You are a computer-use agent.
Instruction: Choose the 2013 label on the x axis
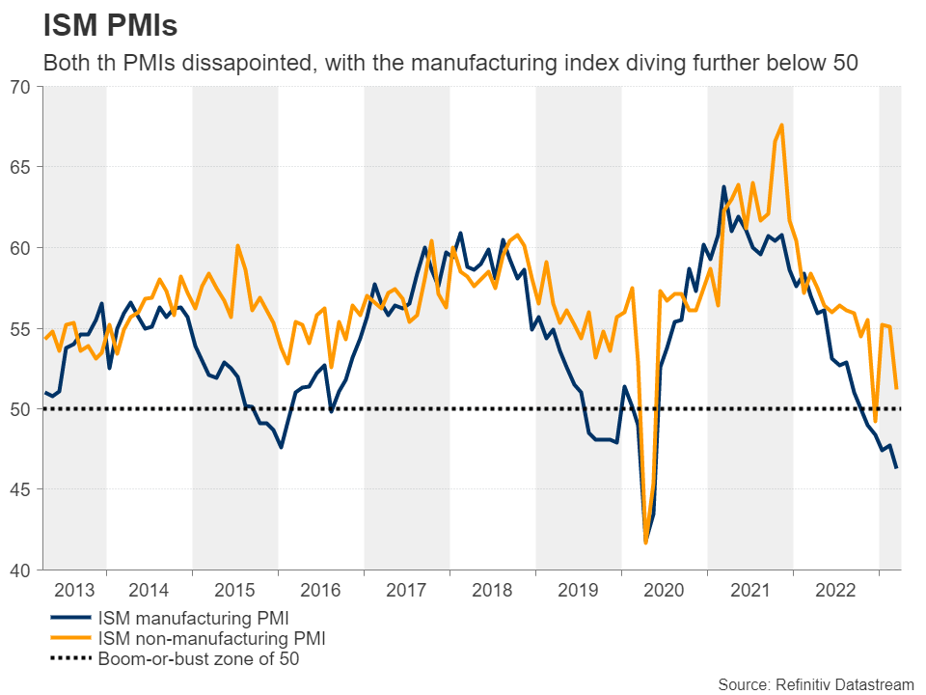(x=75, y=589)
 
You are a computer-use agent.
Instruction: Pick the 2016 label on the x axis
(x=321, y=589)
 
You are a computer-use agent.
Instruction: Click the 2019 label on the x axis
(x=579, y=589)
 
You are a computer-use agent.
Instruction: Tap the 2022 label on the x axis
(x=835, y=589)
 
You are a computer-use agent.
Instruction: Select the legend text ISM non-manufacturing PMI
(x=211, y=638)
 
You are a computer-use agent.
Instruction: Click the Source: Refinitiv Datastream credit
(x=815, y=683)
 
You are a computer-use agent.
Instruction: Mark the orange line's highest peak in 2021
(x=781, y=125)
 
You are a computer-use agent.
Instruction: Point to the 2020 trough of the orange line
(x=645, y=542)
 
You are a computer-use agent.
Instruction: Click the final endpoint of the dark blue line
(x=897, y=468)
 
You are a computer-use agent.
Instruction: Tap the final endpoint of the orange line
(x=897, y=388)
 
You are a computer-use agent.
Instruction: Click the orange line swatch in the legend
(x=68, y=638)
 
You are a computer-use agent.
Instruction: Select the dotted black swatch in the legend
(x=68, y=660)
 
